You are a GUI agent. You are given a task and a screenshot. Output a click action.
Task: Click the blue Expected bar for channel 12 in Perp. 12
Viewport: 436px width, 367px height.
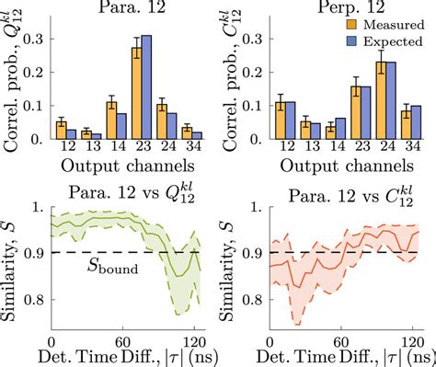289,121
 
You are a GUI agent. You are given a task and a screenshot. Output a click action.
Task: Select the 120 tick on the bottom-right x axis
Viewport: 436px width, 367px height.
399,336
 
